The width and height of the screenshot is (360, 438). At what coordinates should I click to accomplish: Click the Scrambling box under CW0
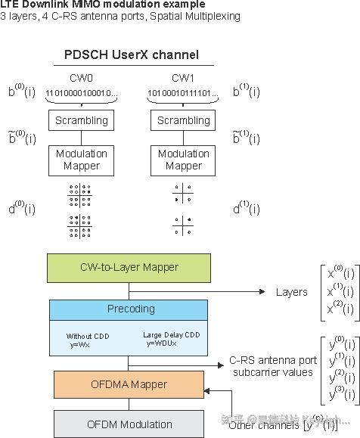tap(82, 120)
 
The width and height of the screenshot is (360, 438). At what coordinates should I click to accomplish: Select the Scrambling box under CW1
tap(184, 120)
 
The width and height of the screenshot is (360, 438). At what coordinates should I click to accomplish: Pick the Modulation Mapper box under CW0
tap(82, 160)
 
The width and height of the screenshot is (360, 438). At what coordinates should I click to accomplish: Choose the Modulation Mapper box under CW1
tap(184, 160)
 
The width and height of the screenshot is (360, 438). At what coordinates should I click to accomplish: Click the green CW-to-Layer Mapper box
tap(129, 267)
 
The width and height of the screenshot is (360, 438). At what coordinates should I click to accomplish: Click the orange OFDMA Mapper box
tap(129, 384)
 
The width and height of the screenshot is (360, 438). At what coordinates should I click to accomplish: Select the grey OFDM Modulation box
tap(129, 424)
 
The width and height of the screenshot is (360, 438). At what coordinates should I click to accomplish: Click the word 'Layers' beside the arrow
tap(291, 292)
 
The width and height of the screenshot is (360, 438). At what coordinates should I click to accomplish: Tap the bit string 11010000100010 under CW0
tap(82, 93)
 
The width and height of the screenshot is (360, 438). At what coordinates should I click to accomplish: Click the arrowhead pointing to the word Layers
tap(262, 291)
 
